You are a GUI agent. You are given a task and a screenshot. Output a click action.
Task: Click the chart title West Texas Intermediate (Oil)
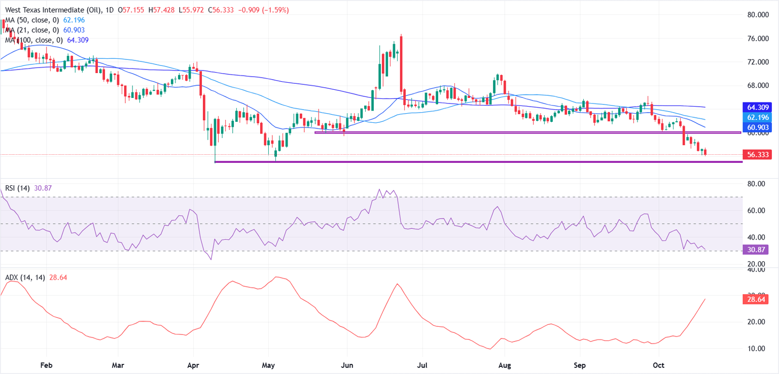55,10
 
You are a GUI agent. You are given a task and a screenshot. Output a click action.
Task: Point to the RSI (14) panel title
18,188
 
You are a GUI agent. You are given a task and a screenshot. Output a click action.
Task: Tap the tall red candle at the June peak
401,63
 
